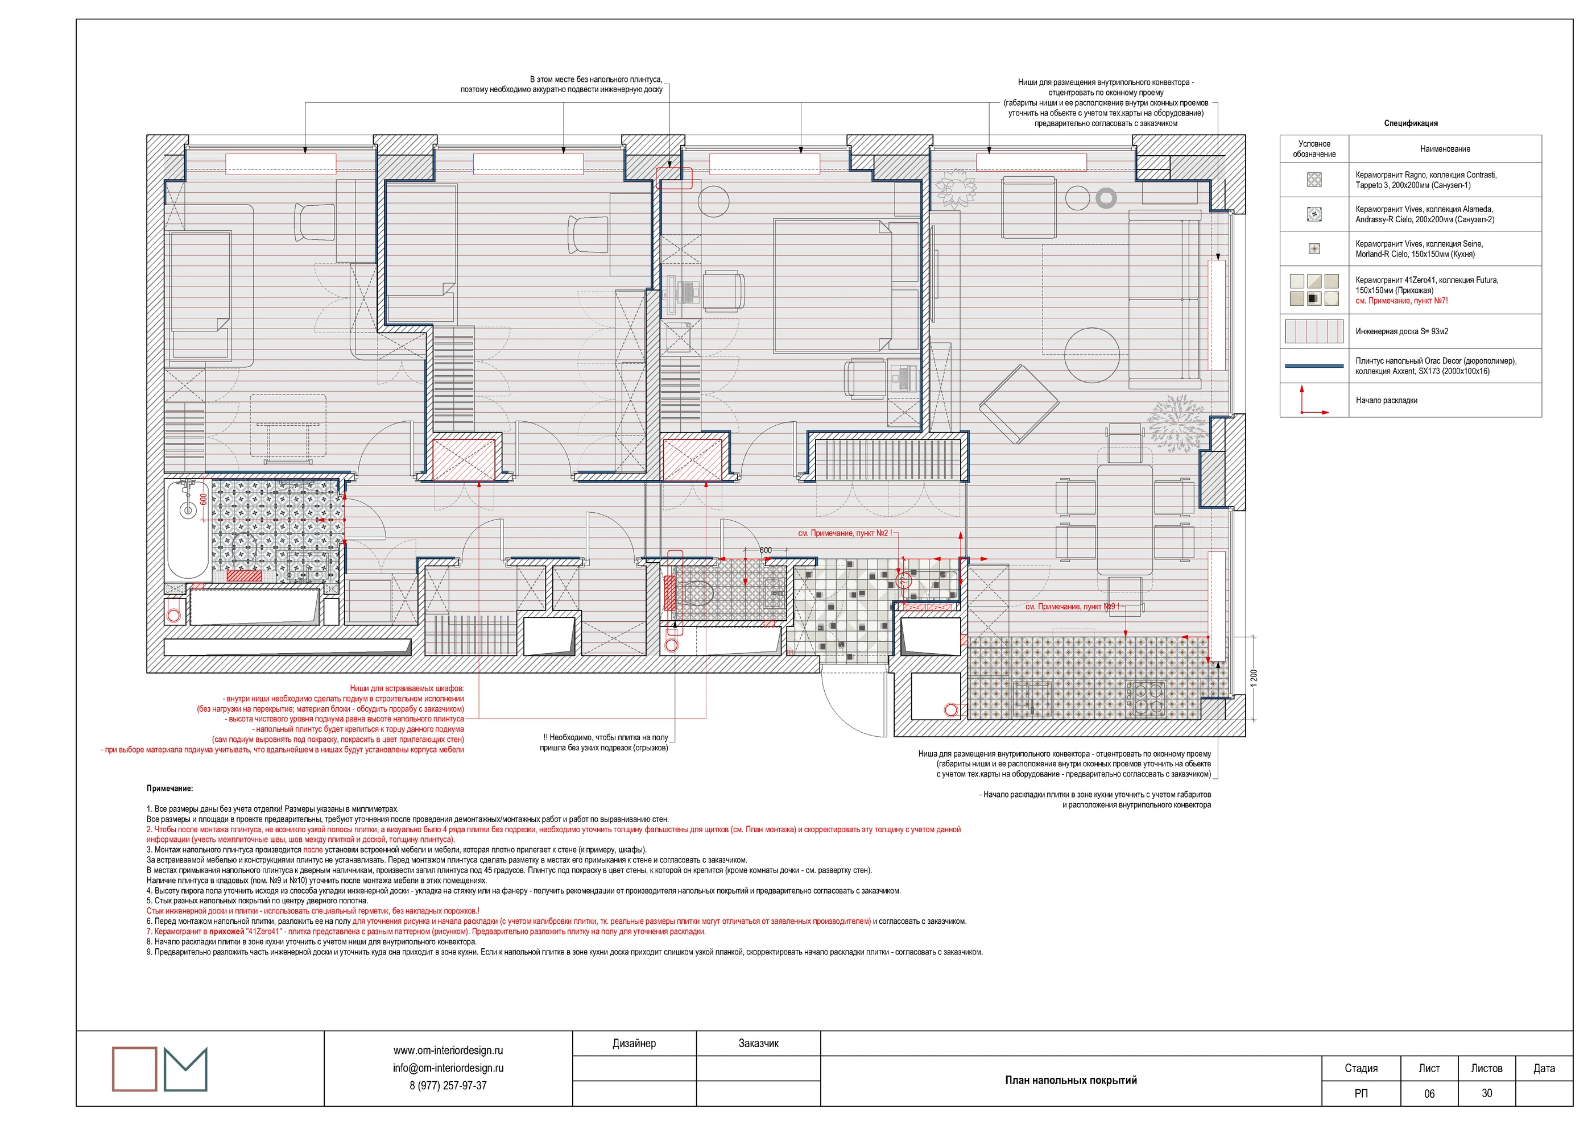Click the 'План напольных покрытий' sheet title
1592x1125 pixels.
pyautogui.click(x=1070, y=1080)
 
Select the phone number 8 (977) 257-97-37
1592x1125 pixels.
pyautogui.click(x=448, y=1085)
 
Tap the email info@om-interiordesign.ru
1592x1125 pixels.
pyautogui.click(x=448, y=1068)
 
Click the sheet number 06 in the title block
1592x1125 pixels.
pyautogui.click(x=1429, y=1093)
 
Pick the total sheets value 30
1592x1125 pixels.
pyautogui.click(x=1487, y=1093)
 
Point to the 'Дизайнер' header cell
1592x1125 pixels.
pyautogui.click(x=634, y=1043)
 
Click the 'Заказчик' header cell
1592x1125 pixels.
pyautogui.click(x=758, y=1043)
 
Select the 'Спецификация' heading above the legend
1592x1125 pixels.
pyautogui.click(x=1411, y=123)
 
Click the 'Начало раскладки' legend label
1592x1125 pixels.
pyautogui.click(x=1386, y=400)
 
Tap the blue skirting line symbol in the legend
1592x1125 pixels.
pyautogui.click(x=1314, y=366)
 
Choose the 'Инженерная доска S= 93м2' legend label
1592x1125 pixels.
pyautogui.click(x=1401, y=331)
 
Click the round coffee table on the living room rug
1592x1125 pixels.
pyautogui.click(x=1091, y=355)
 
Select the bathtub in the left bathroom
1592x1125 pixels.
pyautogui.click(x=188, y=530)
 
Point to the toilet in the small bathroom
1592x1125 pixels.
pyautogui.click(x=696, y=593)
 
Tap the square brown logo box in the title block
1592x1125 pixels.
pyautogui.click(x=135, y=1068)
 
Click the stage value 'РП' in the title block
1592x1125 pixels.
pyautogui.click(x=1361, y=1093)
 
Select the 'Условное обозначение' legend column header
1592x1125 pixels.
pyautogui.click(x=1314, y=149)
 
